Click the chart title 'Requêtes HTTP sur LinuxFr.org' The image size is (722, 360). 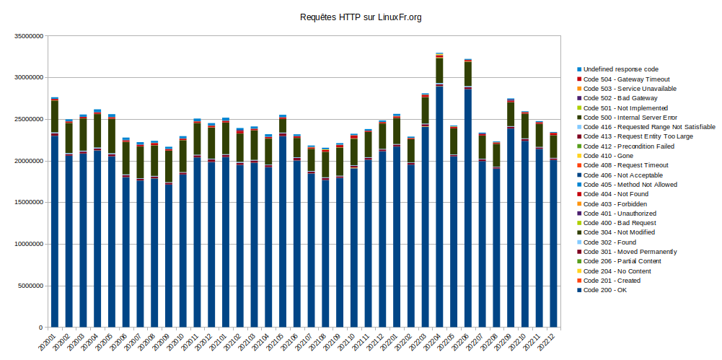pos(360,17)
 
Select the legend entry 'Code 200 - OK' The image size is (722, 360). pos(604,291)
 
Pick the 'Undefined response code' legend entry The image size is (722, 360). pos(620,69)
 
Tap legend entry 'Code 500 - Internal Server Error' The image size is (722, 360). pos(630,118)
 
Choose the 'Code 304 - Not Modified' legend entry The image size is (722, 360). pos(619,233)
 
